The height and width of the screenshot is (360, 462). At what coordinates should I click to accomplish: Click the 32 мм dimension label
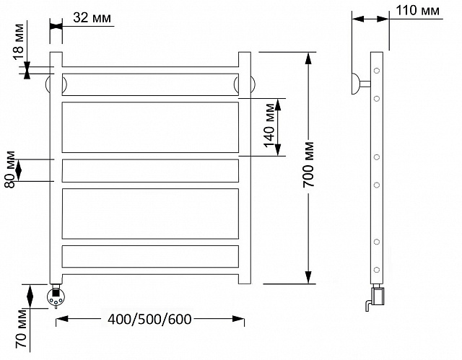tap(92, 17)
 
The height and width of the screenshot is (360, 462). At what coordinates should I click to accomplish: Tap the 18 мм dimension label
tap(18, 42)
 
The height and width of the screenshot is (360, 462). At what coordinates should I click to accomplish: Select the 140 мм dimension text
tap(269, 126)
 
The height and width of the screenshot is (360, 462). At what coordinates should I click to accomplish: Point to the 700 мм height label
tap(308, 164)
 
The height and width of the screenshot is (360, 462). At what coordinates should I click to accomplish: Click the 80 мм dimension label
tap(10, 170)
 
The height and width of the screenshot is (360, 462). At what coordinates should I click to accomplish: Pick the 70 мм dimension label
tap(21, 328)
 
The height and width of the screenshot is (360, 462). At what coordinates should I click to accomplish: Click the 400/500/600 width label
tap(149, 319)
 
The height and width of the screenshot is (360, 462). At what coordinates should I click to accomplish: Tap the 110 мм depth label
tap(417, 11)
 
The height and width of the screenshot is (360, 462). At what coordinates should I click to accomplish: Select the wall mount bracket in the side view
tap(360, 84)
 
